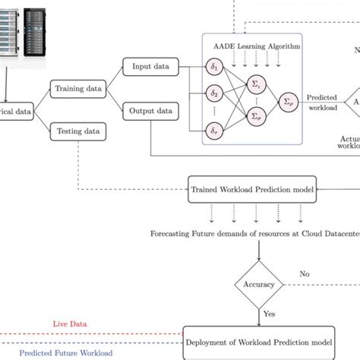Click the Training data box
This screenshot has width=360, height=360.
point(78,89)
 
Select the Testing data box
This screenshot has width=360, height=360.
point(78,131)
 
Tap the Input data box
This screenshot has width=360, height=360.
point(151,67)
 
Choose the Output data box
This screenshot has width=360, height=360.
point(151,110)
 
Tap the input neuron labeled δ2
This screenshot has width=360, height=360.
point(215,94)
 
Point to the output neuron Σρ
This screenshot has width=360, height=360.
point(288,100)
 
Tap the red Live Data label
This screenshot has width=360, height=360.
point(70,324)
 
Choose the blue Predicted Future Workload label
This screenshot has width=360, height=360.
point(66,352)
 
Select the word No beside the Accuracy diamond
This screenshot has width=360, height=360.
point(305,273)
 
